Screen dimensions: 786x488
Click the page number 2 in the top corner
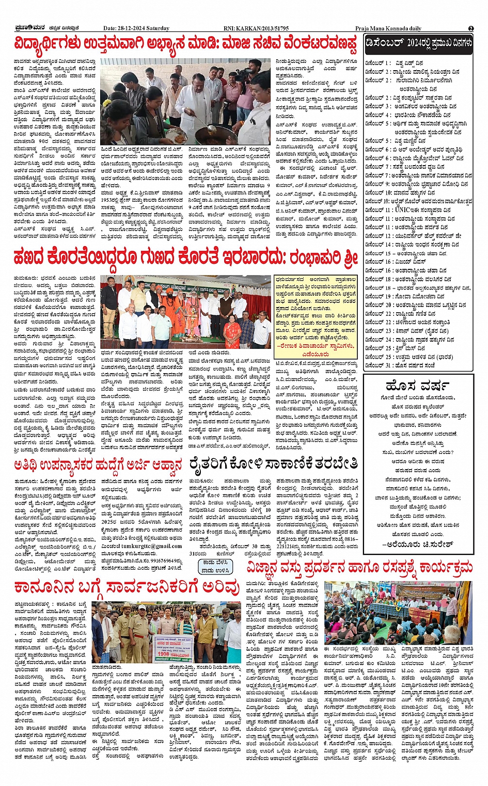[x=471, y=28]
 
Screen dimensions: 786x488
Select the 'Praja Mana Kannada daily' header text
[x=388, y=28]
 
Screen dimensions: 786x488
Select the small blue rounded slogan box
[x=216, y=566]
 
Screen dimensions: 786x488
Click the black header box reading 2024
[x=418, y=44]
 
